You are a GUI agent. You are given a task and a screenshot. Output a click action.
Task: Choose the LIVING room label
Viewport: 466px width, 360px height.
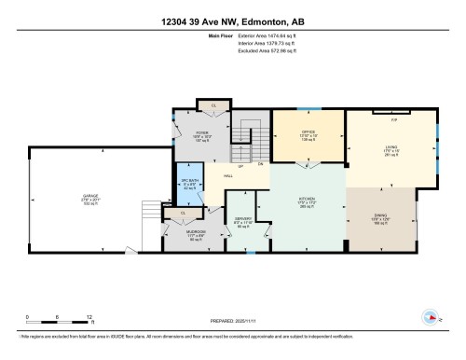click(x=391, y=147)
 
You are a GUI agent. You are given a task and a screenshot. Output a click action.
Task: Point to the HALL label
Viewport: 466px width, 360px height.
click(x=227, y=175)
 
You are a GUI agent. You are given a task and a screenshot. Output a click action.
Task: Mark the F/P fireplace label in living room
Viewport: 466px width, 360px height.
click(x=393, y=121)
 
